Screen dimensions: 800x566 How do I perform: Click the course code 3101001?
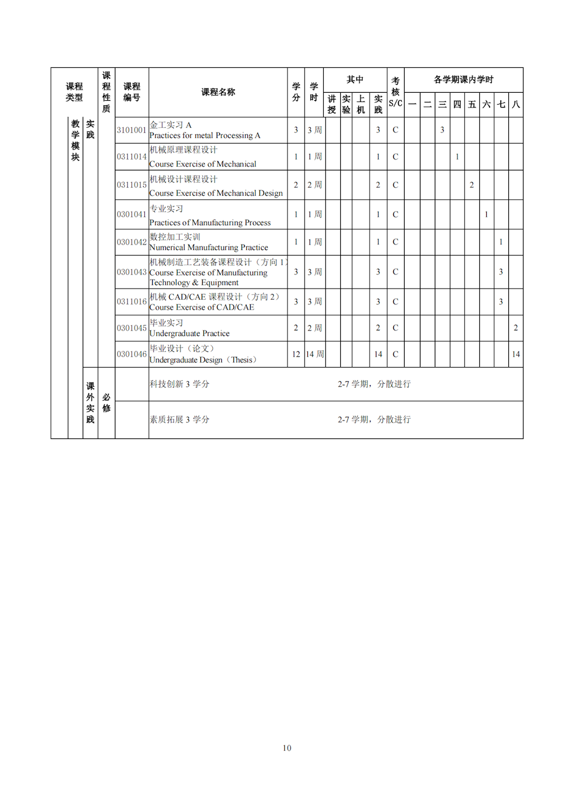131,130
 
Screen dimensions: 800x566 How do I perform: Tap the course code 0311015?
131,185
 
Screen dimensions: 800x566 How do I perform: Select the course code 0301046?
131,354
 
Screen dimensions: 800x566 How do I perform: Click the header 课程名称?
218,92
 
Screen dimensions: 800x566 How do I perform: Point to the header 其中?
355,80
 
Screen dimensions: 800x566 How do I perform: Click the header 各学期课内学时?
464,80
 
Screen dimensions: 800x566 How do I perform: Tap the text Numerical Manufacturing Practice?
209,248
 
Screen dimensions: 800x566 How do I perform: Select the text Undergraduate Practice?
190,334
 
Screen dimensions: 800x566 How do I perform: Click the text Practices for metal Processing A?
205,136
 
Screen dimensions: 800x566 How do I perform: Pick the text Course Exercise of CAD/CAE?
202,307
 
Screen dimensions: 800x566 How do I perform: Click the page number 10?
287,748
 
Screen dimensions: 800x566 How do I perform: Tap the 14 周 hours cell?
315,354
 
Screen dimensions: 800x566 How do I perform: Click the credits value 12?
296,354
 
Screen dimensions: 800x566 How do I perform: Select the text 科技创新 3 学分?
179,384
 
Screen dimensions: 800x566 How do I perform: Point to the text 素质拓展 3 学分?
179,420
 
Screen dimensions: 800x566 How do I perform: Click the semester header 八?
516,105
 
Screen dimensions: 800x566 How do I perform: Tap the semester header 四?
457,105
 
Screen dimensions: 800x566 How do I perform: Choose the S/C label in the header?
396,104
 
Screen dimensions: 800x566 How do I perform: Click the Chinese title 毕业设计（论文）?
182,349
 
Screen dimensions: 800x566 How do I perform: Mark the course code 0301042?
131,242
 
